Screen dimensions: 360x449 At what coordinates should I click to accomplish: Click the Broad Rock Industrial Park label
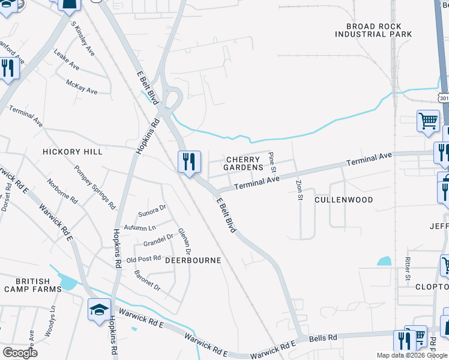pos(373,31)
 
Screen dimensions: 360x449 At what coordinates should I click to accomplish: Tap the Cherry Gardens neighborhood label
pos(243,163)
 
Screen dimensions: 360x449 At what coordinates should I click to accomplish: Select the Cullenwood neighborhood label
pos(344,200)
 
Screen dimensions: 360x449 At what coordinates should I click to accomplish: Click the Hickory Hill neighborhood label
pos(73,152)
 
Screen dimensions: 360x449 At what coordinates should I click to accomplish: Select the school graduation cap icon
pos(99,309)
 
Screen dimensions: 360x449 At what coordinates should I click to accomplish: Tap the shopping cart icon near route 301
pos(429,120)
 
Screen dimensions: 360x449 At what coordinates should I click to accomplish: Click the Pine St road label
pos(271,160)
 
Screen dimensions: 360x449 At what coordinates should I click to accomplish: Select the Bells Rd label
pos(323,339)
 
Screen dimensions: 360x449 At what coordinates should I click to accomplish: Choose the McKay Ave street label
pos(82,87)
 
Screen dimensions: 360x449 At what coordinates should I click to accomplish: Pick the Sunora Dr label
pos(152,211)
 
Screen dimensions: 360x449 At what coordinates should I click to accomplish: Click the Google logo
pos(20,353)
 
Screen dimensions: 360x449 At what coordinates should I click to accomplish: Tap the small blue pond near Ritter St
pos(384,262)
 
